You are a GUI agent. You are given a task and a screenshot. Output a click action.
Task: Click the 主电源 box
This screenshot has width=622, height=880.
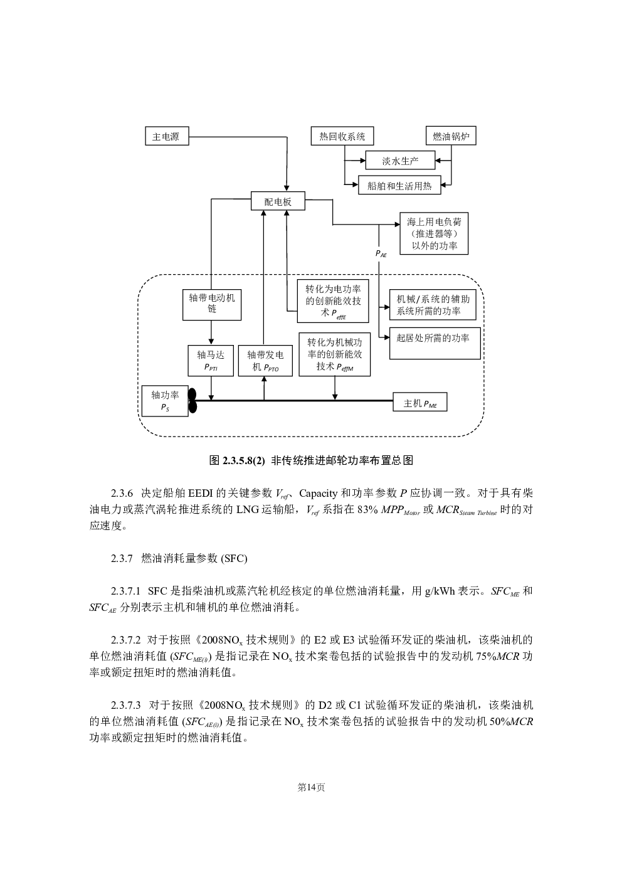pyautogui.click(x=167, y=136)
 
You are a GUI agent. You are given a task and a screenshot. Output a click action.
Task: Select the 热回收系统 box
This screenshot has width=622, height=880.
pyautogui.click(x=342, y=136)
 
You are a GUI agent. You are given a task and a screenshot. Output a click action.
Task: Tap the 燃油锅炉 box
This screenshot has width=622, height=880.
pyautogui.click(x=451, y=136)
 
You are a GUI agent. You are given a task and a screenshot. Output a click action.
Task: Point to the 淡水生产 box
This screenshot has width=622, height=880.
pyautogui.click(x=400, y=161)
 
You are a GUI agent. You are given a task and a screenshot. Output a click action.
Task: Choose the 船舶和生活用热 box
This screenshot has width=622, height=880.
pyautogui.click(x=399, y=184)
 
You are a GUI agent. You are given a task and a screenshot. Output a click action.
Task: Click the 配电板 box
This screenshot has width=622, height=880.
pyautogui.click(x=278, y=201)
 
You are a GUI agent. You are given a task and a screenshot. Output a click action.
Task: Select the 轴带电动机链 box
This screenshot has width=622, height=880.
pyautogui.click(x=212, y=305)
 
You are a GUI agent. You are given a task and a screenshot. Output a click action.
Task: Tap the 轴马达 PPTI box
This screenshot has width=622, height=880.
pyautogui.click(x=211, y=361)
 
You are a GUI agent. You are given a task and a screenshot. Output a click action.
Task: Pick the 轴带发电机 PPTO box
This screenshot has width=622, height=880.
pyautogui.click(x=265, y=361)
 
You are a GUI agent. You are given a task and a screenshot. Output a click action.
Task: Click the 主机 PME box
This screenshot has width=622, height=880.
pyautogui.click(x=419, y=401)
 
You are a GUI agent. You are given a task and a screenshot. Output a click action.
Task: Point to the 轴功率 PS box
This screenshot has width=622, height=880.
pyautogui.click(x=165, y=401)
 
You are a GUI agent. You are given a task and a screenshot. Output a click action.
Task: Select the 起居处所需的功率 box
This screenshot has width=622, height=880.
pyautogui.click(x=435, y=343)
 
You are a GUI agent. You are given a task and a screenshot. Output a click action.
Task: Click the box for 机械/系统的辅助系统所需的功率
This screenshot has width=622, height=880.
pyautogui.click(x=433, y=305)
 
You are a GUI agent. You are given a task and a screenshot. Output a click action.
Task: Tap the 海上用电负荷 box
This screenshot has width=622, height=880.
pyautogui.click(x=434, y=233)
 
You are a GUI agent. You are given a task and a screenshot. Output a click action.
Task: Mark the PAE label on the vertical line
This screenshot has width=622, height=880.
pyautogui.click(x=381, y=254)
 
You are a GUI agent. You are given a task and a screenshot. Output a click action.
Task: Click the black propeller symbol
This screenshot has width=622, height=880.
pyautogui.click(x=192, y=401)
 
